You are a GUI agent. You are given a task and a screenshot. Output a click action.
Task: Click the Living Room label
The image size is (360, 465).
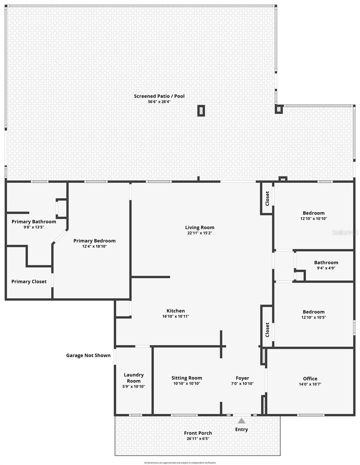[200, 227]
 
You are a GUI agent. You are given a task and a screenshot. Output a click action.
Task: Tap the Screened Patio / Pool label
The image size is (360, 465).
[154, 96]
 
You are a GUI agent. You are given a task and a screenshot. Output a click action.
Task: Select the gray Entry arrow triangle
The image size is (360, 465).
[241, 421]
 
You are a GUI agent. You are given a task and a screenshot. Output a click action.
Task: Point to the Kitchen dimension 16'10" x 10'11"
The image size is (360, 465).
[176, 316]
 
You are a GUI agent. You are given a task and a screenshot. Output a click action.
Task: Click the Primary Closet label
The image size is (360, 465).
[29, 282]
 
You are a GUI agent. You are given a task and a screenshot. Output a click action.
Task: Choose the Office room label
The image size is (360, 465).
[310, 379]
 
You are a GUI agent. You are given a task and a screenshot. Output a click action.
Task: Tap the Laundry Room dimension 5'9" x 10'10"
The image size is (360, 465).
[134, 386]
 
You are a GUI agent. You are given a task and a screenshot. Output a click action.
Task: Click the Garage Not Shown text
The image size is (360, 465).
[88, 355]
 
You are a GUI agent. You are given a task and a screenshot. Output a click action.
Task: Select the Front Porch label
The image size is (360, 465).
[198, 433]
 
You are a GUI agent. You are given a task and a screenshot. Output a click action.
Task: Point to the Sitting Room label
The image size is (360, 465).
[187, 378]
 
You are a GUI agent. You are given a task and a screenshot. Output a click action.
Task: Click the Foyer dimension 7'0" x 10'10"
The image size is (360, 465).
[243, 384]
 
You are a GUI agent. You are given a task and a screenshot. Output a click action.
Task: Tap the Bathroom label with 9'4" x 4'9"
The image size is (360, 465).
[326, 262]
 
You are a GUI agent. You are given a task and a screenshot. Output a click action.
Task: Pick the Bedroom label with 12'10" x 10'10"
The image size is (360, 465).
[313, 213]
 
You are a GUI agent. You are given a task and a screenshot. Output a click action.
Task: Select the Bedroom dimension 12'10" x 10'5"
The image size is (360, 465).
[313, 317]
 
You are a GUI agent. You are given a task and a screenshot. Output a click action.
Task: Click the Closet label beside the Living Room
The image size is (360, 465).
[267, 199]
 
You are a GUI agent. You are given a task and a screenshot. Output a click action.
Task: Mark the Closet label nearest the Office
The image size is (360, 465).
[267, 330]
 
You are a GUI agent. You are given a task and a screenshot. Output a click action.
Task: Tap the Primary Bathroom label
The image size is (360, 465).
[34, 222]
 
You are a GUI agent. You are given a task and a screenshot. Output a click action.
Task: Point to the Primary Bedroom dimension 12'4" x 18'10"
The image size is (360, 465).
[95, 246]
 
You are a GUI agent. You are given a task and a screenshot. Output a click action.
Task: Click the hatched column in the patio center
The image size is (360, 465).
[201, 111]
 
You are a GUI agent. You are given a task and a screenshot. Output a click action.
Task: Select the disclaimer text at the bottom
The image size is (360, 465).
[180, 463]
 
